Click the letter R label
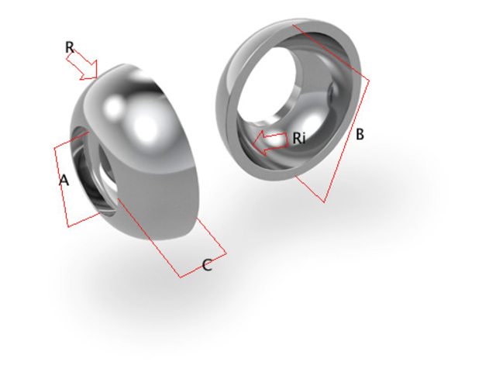point(70,48)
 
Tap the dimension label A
point(64,181)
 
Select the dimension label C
point(207,266)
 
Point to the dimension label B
point(360,134)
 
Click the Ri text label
point(299,139)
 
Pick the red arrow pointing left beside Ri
point(271,142)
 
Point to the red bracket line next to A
point(60,186)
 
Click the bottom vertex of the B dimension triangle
point(324,202)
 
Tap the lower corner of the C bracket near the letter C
point(180,277)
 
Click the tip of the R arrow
point(96,77)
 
